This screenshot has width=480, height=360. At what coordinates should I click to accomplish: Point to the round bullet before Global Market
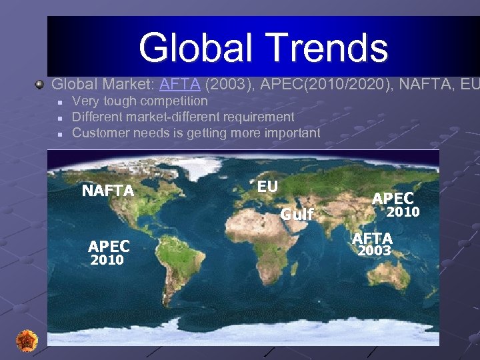click(40, 85)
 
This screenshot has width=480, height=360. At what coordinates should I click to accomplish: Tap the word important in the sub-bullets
click(284, 133)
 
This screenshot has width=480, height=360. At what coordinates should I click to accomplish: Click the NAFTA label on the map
click(108, 191)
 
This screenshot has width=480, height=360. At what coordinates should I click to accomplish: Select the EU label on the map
click(267, 187)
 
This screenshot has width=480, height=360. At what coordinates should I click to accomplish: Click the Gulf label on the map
click(297, 215)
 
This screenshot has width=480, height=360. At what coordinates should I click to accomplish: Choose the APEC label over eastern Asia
click(393, 198)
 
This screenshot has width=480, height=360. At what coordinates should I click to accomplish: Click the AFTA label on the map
click(373, 238)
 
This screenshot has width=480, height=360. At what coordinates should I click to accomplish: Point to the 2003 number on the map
click(375, 251)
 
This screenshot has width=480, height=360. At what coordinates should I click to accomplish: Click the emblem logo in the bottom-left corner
click(27, 340)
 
